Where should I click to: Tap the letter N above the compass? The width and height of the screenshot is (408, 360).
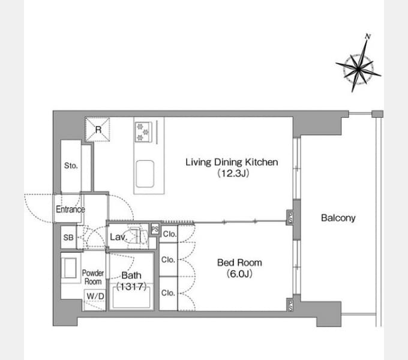coord(367,37)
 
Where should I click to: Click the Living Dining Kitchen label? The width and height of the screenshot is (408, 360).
coord(232,162)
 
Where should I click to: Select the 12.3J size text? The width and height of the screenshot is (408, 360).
coord(233,173)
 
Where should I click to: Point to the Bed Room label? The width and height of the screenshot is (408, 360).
coord(239,263)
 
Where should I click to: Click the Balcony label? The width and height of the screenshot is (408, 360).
coord(338,218)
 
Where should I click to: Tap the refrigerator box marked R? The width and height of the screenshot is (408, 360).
coord(98,129)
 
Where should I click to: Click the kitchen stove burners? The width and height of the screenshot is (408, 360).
coord(143,132)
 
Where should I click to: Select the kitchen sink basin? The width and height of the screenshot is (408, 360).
coord(145,174)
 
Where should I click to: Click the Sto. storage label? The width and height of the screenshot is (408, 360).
coord(71,166)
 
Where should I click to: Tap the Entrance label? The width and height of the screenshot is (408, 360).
coord(70,209)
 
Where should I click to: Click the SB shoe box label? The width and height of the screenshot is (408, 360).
coord(68,238)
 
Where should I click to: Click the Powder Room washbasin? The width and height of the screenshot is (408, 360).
coord(68,268)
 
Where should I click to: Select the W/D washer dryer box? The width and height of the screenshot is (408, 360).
coord(95,300)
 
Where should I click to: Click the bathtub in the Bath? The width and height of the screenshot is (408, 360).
coord(131,296)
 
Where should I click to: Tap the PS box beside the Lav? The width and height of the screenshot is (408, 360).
coord(155,229)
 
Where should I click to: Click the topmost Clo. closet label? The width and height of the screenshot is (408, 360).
coord(170,234)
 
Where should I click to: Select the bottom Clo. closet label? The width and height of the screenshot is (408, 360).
coord(168,293)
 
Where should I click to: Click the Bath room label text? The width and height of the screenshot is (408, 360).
coord(131,275)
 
